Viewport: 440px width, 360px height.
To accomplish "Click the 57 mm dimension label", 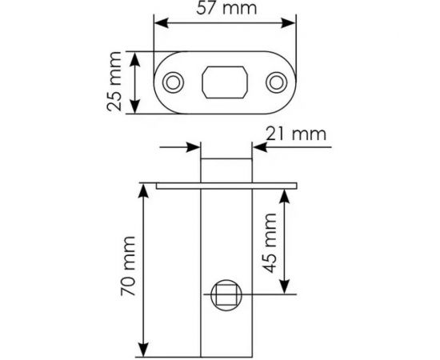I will click(223, 10).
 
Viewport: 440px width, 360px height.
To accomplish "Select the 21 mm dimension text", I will click(298, 134).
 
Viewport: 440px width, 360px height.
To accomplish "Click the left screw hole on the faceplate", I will click(173, 82).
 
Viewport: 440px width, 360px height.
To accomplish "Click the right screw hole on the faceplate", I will click(277, 82).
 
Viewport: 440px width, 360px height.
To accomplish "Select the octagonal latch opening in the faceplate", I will click(225, 82).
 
